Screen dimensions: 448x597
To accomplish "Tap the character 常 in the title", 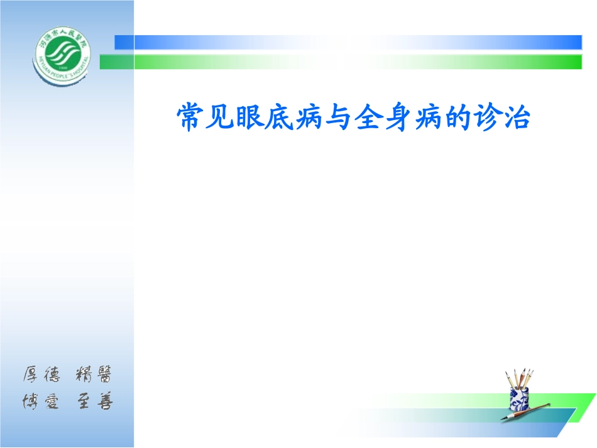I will (189, 117).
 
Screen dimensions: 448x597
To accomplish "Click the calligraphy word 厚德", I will (41, 375).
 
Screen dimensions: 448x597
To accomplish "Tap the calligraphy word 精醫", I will (94, 375).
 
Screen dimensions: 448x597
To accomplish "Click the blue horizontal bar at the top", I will (352, 42).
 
